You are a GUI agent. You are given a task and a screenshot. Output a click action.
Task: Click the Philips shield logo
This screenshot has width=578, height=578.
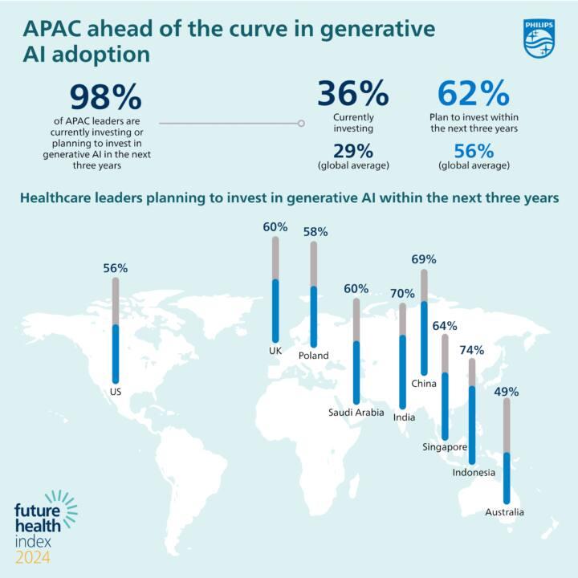539,39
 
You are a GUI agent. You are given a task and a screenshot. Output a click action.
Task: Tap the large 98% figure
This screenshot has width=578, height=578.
106,97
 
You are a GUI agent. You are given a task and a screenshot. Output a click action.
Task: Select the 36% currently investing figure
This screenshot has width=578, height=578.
353,93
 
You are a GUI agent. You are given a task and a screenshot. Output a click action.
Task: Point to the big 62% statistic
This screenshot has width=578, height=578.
474,93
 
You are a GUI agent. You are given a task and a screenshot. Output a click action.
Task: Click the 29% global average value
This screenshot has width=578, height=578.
353,151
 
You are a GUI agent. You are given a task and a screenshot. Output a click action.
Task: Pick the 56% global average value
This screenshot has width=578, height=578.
474,151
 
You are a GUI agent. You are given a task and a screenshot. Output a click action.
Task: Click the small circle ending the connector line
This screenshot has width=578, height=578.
301,123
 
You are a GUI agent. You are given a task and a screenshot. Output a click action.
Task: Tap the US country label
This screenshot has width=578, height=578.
116,392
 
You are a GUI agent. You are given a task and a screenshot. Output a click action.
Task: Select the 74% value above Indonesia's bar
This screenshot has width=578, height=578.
472,350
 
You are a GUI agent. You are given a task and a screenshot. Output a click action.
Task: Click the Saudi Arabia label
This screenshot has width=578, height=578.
356,412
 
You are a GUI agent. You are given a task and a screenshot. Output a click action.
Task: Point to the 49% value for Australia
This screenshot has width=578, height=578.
507,392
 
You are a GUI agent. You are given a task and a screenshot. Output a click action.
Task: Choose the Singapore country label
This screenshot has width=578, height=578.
445,447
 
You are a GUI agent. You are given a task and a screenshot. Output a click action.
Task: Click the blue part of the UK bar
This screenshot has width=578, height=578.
275,311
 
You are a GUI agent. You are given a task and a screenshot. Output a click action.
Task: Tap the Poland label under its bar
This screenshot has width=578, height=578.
313,356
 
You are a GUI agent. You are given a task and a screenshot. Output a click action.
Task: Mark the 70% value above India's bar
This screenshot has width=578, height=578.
402,294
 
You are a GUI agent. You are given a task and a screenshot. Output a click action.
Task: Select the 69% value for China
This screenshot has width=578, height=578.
424,259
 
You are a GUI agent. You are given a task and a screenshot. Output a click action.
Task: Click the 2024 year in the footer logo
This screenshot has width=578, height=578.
33,557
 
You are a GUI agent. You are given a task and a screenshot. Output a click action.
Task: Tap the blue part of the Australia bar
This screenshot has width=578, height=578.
507,478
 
